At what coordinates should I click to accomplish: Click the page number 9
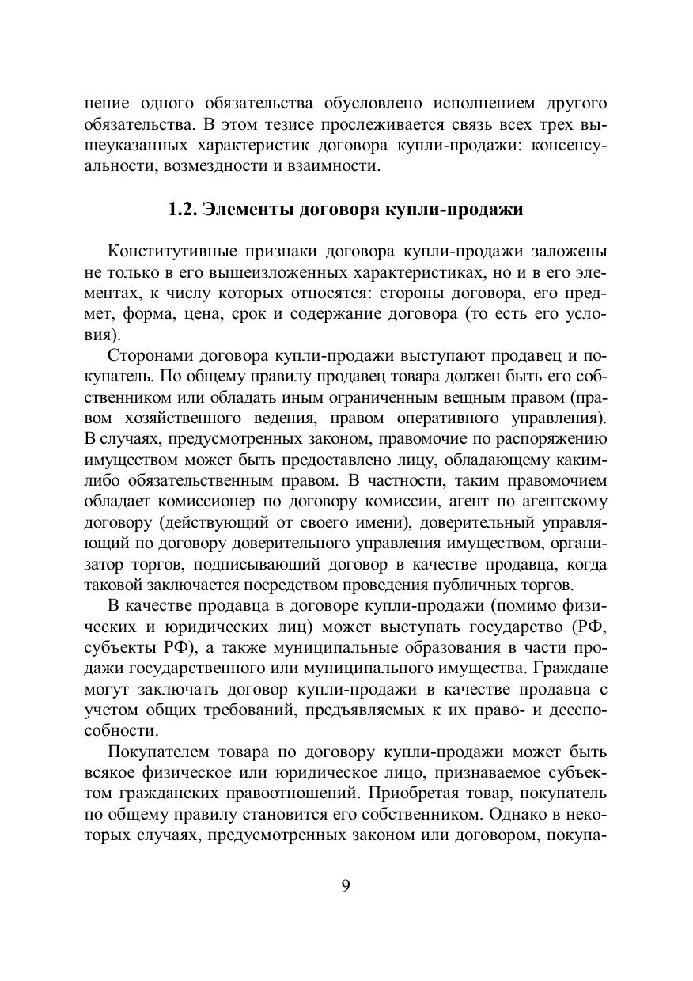coord(346,884)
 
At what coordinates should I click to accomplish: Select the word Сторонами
coord(150,354)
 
